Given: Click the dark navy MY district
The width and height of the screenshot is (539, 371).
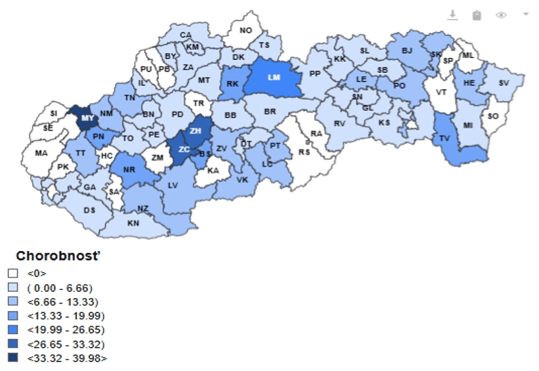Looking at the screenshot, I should (87, 119).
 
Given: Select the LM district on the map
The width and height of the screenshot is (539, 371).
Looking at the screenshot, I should (274, 77).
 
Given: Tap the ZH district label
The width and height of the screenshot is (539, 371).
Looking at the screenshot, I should (196, 131).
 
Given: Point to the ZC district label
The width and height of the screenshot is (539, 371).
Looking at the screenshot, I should (184, 149).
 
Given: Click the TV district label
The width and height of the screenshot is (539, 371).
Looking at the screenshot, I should (445, 138).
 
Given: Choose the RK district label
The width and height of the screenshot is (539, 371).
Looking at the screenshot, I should (233, 85).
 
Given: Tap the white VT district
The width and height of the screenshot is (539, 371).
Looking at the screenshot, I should (442, 92).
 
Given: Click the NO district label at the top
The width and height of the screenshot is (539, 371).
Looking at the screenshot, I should (246, 30).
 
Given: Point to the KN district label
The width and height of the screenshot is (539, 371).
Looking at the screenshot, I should (134, 223).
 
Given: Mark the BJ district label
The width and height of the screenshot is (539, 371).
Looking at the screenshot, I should (407, 50).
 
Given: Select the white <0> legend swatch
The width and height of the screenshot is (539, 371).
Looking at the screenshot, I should (13, 273).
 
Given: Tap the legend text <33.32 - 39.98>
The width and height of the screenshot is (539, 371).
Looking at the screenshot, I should (67, 358).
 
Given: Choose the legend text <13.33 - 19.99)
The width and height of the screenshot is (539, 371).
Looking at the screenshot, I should (65, 316).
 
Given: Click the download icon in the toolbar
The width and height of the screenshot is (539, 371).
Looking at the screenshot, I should (452, 14).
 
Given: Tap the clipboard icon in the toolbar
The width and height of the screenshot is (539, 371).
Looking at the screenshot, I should (476, 14).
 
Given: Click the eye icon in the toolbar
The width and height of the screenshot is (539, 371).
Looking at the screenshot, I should (501, 14).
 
